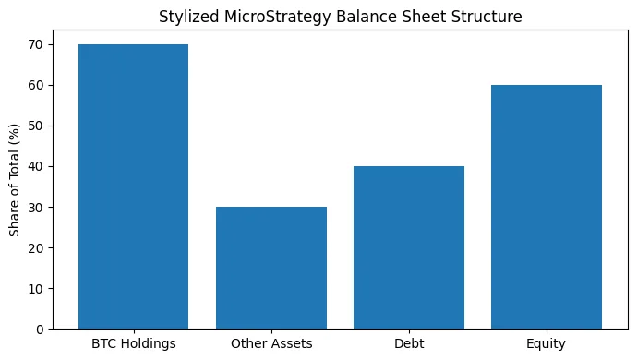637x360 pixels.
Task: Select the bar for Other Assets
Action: tap(271, 268)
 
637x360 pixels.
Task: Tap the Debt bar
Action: tap(409, 247)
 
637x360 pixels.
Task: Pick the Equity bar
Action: tap(547, 207)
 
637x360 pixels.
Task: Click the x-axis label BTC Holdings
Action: tap(133, 344)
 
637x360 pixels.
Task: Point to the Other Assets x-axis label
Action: tap(271, 344)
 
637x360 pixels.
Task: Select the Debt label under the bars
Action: tap(409, 344)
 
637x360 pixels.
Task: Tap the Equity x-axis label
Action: tap(547, 344)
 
